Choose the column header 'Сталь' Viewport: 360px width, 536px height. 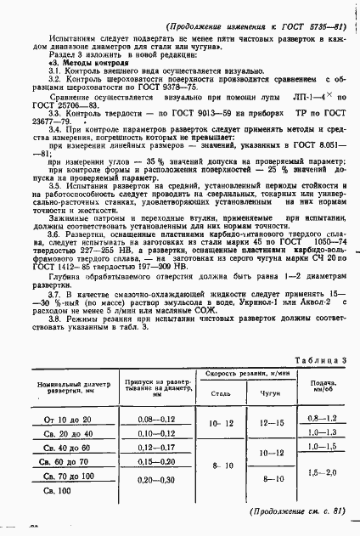(x=218, y=417)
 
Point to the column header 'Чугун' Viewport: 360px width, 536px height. (x=269, y=417)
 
